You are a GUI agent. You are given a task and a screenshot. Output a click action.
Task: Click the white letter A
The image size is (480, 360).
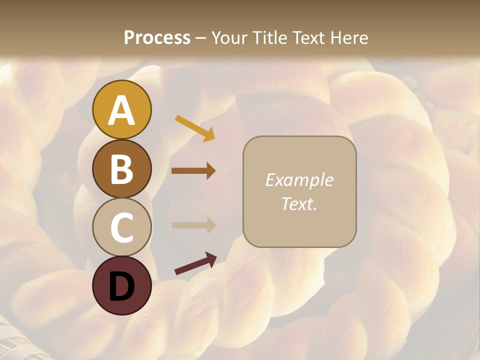click(121, 110)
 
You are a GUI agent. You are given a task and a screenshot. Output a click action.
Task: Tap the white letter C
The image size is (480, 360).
click(121, 228)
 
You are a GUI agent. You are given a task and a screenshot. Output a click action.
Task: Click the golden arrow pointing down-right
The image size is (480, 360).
click(195, 128)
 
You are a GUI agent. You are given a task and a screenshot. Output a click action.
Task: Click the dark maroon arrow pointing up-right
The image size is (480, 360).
click(195, 264)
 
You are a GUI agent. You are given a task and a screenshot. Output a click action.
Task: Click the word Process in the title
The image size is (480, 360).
click(157, 37)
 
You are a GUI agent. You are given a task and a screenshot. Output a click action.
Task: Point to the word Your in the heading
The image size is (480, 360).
click(229, 37)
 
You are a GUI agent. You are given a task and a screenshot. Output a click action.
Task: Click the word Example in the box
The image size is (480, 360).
click(299, 180)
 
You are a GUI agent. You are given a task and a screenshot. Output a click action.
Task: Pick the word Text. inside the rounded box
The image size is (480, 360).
click(299, 203)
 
